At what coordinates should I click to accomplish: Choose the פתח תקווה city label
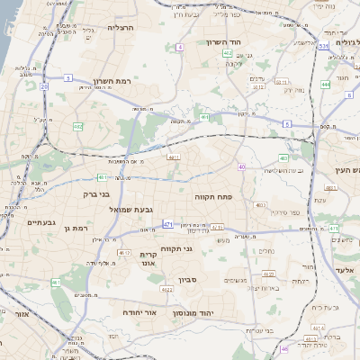pyautogui.click(x=214, y=194)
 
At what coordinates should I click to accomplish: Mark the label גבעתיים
pyautogui.click(x=42, y=222)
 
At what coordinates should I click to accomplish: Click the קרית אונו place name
pyautogui.click(x=149, y=260)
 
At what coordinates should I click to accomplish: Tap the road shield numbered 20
pyautogui.click(x=43, y=86)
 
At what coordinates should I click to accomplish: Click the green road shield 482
pyautogui.click(x=78, y=127)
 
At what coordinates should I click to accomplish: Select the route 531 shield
pyautogui.click(x=322, y=45)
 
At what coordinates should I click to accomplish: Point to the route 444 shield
pyautogui.click(x=325, y=85)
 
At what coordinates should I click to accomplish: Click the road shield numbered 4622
pyautogui.click(x=166, y=290)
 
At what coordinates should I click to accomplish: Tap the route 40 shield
pyautogui.click(x=242, y=166)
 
